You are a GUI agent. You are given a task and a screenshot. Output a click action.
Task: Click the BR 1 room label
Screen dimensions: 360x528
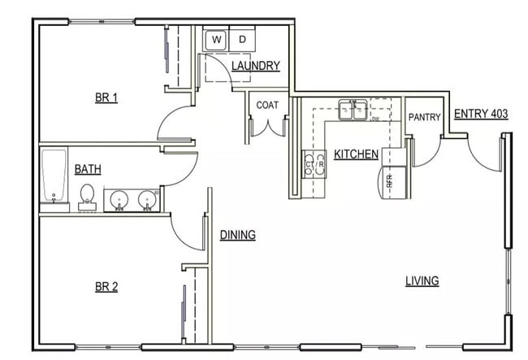tap(106, 98)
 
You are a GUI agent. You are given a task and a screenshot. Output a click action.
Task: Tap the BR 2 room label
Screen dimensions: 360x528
tap(106, 286)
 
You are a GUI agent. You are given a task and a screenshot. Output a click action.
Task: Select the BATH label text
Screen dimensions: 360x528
tap(88, 170)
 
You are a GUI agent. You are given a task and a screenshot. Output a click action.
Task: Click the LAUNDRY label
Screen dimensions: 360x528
tap(255, 66)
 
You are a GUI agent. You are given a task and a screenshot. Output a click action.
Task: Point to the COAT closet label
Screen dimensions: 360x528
tap(268, 105)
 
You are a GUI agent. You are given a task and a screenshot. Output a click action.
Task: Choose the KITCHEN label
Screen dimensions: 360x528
tap(356, 154)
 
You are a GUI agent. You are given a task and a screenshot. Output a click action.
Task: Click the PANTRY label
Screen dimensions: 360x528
tap(424, 118)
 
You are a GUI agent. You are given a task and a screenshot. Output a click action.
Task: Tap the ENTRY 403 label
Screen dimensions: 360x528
tap(481, 114)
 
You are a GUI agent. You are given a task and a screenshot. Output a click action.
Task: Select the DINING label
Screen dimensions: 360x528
tap(237, 235)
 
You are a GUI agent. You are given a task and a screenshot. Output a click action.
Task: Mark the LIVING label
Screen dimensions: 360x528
tap(422, 281)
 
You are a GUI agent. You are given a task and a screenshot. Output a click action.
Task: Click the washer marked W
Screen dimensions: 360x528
tap(216, 39)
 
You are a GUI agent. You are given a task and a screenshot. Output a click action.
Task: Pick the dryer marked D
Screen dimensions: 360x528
tap(242, 39)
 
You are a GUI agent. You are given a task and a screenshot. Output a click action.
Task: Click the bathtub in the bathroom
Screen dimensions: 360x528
tap(54, 176)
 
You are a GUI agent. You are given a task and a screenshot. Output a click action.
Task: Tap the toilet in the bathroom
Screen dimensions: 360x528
tap(87, 196)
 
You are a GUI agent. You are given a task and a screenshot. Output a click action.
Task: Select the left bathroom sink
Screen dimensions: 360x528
tap(119, 198)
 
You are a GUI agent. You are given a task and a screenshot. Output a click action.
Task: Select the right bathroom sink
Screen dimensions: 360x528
tap(147, 198)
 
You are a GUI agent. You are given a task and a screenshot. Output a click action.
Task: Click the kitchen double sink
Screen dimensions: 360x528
tap(353, 110)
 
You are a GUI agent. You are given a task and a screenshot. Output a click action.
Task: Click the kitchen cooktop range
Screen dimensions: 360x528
tap(314, 164)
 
